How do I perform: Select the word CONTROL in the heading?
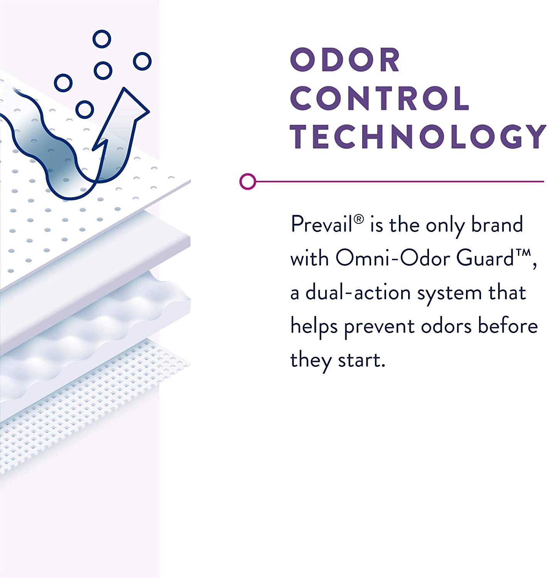point(380,98)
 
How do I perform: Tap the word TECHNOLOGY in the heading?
point(418,136)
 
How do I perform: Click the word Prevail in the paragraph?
point(321,224)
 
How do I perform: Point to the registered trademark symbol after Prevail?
point(359,219)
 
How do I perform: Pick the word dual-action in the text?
point(358,292)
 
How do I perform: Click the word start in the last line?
point(361,360)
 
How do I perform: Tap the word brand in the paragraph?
point(497,224)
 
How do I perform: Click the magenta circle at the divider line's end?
point(248,181)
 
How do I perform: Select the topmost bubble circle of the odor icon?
point(102,39)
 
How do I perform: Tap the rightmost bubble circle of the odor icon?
point(142,61)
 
